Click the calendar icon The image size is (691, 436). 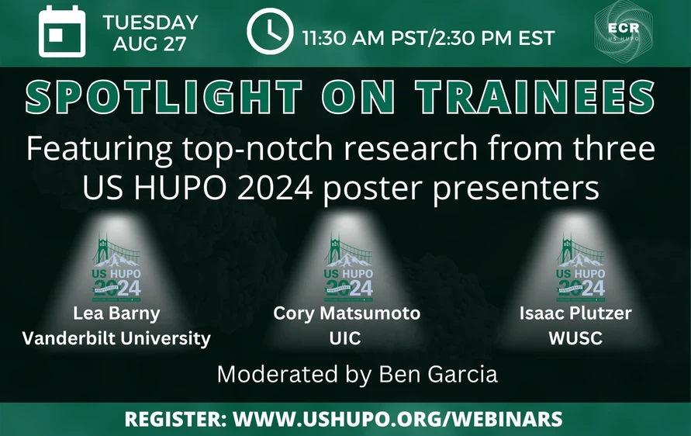click(x=61, y=32)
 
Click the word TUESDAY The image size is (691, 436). click(x=150, y=22)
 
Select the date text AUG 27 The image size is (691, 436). click(x=150, y=43)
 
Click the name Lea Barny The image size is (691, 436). click(x=116, y=314)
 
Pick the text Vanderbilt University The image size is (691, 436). click(x=116, y=338)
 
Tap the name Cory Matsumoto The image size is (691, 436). click(x=347, y=314)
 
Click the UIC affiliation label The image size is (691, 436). click(x=347, y=338)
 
